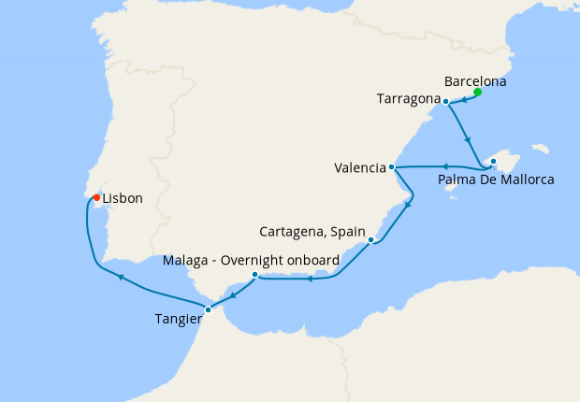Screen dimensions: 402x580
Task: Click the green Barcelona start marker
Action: [x=477, y=92]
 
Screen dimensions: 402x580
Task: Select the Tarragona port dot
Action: [x=445, y=101]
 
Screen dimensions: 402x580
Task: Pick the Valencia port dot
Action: [x=392, y=167]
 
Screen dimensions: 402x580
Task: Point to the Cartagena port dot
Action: [x=371, y=240]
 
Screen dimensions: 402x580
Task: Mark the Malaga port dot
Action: [x=255, y=275]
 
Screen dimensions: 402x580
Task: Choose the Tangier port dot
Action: [x=208, y=309]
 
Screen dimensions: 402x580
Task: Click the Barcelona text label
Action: [x=475, y=81]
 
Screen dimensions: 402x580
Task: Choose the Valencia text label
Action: [x=359, y=168]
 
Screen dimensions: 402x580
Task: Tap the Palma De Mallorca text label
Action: [x=496, y=179]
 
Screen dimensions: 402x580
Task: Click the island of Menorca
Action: [x=539, y=148]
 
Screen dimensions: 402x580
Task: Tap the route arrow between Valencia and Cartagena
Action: [x=408, y=204]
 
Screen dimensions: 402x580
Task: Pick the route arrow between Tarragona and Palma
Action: [x=468, y=138]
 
